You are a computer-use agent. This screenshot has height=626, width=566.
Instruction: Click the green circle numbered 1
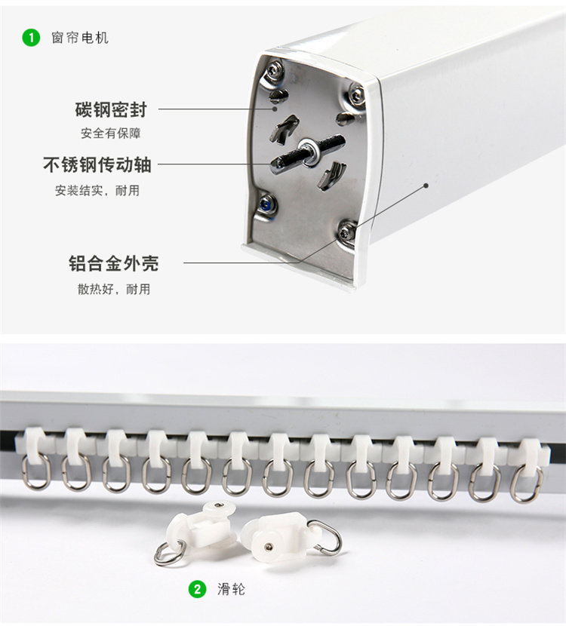(x=31, y=38)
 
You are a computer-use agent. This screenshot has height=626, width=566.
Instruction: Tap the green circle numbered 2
(x=197, y=589)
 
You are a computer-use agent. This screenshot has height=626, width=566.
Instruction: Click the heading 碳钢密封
(x=111, y=110)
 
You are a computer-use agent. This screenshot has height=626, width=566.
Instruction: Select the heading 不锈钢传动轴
(x=97, y=164)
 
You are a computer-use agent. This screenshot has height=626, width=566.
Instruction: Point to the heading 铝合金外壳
(x=114, y=263)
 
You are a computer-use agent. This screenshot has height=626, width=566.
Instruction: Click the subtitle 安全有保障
(x=111, y=133)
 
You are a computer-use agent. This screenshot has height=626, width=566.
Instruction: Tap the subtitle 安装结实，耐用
(x=97, y=190)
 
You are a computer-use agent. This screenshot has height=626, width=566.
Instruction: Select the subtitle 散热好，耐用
(x=114, y=289)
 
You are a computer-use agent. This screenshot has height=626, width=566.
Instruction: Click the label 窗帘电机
(x=80, y=38)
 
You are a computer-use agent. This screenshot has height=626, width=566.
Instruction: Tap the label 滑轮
(x=231, y=589)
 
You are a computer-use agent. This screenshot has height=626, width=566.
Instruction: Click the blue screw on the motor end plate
(x=265, y=206)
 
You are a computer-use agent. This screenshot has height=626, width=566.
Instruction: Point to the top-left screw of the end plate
(x=275, y=71)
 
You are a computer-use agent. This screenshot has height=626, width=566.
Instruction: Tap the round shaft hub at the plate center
(x=309, y=152)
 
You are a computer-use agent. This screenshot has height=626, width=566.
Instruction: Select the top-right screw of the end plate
(x=356, y=95)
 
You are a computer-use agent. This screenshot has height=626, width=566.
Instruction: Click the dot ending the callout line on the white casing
(x=426, y=186)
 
